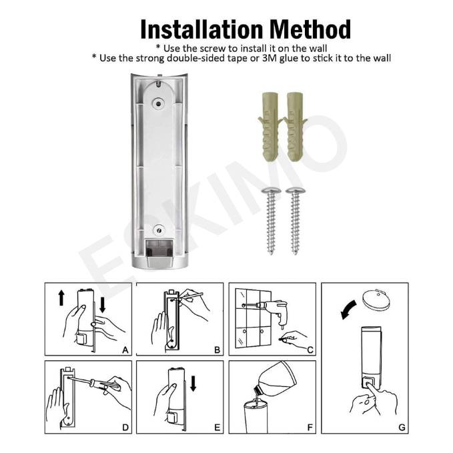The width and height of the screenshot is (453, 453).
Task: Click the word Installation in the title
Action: (201, 29)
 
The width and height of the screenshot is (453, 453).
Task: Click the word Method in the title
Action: (311, 29)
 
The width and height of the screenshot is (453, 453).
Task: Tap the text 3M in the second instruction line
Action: (270, 58)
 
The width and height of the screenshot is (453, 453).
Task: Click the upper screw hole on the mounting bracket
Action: (158, 103)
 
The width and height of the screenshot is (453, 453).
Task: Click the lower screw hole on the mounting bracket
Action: (159, 230)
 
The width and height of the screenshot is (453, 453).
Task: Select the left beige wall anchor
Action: (270, 127)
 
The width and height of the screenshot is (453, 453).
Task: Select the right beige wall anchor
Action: (296, 127)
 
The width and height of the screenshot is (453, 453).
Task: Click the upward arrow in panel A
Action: (61, 298)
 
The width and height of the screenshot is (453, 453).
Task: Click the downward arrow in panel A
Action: (103, 306)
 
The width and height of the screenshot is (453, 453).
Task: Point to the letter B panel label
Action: (217, 350)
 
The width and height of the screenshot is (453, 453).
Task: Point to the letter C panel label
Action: (310, 350)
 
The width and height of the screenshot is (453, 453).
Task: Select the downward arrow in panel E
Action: (193, 384)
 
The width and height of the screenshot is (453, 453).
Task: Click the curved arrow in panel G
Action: (348, 308)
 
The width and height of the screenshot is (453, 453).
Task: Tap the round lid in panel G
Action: (376, 300)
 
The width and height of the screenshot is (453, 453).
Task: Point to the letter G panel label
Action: (402, 428)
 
